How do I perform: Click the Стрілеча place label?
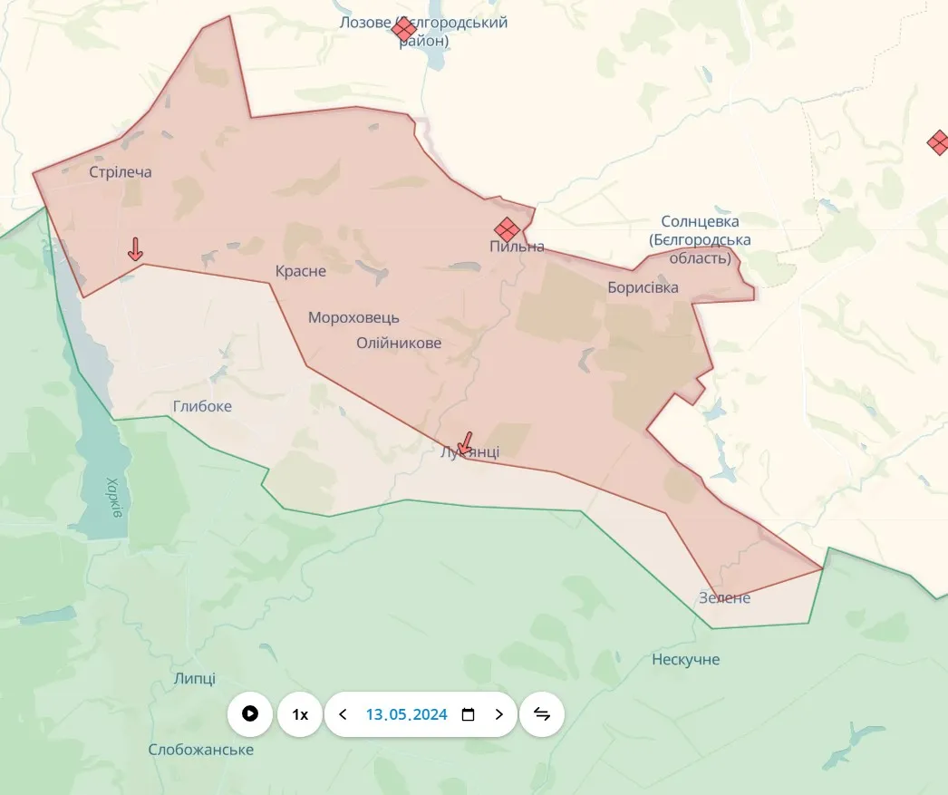121,172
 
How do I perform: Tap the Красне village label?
301,271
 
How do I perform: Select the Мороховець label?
353,318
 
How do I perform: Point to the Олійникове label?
399,344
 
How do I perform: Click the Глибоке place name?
202,407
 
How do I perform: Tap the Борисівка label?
643,288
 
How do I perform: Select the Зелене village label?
724,598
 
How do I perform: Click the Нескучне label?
686,660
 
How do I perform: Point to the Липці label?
194,679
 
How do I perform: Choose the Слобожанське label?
201,751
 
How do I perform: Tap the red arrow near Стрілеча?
135,248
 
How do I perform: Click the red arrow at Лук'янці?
465,442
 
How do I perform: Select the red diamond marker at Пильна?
507,229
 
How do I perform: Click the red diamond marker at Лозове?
404,30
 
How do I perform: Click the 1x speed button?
299,714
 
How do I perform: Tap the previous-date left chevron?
343,714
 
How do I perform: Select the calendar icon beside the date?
468,714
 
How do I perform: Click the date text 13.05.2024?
406,714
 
